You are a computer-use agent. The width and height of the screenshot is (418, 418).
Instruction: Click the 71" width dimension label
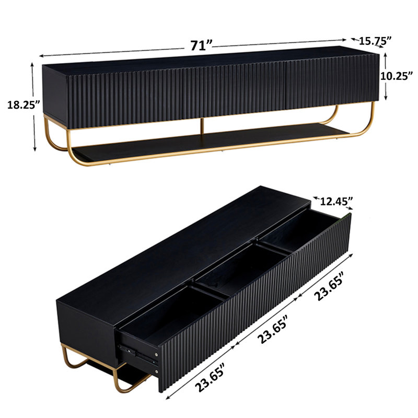[201, 45]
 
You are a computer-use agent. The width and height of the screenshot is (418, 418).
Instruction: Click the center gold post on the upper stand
[201, 127]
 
